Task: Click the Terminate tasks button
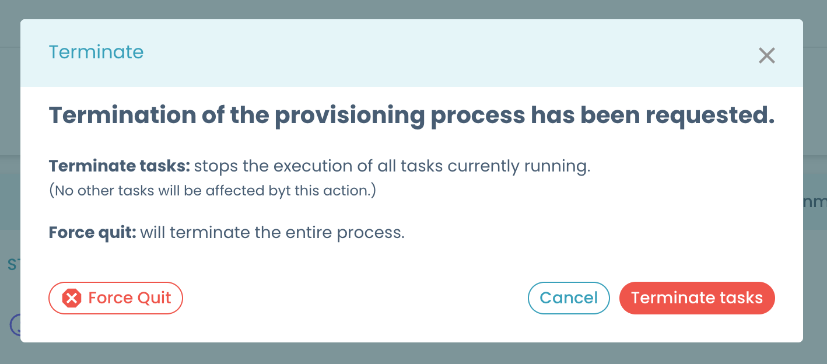pos(697,298)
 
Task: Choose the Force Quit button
pos(115,298)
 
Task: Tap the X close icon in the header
pos(766,55)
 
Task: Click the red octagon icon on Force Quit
pos(72,299)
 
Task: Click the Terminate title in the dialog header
pos(96,52)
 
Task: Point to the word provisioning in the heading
pos(349,116)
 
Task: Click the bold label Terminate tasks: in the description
pos(120,166)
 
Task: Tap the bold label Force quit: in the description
pos(92,233)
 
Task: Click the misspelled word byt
pos(279,191)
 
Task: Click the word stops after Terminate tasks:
pos(216,166)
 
